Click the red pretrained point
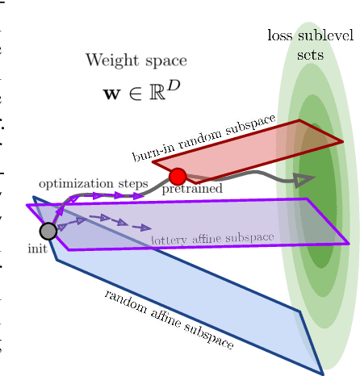[x=178, y=176]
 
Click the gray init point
[x=48, y=231]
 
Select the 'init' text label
[x=37, y=249]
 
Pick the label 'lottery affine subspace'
[x=212, y=240]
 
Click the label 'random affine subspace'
[x=169, y=320]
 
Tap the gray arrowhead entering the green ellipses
[x=303, y=181]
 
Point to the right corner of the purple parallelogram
[x=350, y=243]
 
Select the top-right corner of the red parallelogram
[x=300, y=121]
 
